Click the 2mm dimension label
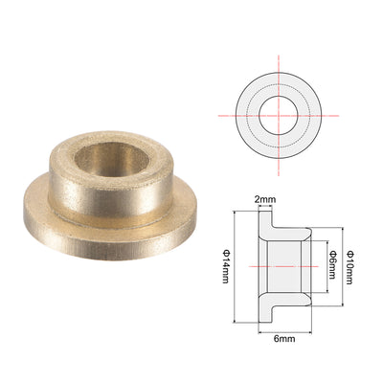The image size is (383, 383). click(x=265, y=200)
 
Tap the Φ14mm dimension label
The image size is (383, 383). click(x=226, y=266)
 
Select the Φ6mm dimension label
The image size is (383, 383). click(x=332, y=265)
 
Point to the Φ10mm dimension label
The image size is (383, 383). click(x=349, y=267)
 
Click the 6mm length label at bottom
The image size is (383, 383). click(x=284, y=338)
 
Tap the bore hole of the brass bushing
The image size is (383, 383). click(x=111, y=159)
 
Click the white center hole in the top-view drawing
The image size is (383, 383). click(x=279, y=115)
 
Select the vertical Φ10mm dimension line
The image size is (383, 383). click(x=343, y=266)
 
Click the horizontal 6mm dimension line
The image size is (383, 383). click(x=284, y=332)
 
